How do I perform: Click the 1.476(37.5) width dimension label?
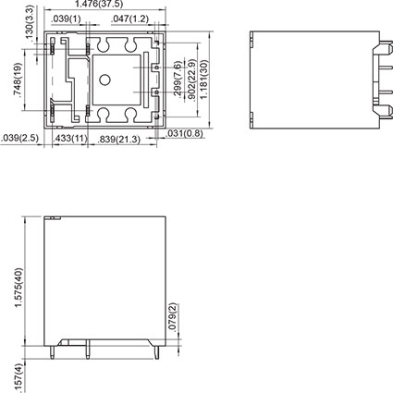point(104,5)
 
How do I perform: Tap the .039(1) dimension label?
point(66,18)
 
